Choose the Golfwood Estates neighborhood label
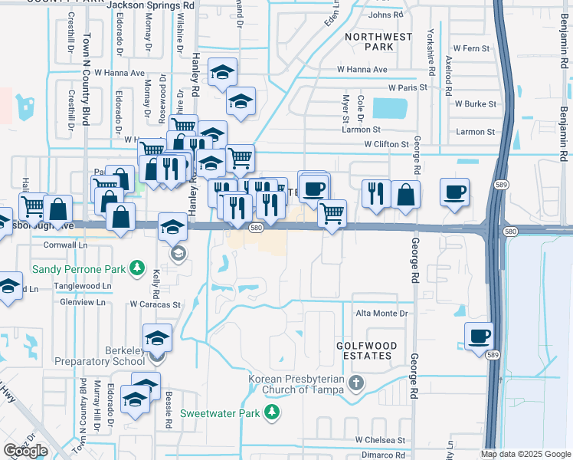click(x=365, y=350)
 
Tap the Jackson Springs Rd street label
click(x=151, y=5)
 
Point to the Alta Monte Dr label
click(x=381, y=314)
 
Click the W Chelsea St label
click(x=379, y=440)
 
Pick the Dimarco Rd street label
click(x=383, y=455)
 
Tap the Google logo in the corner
click(x=25, y=451)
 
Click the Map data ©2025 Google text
click(x=526, y=454)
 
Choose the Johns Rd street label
click(x=385, y=15)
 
